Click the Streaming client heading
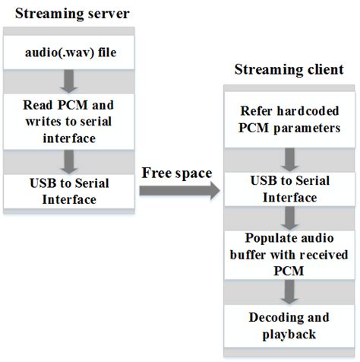pos(289,70)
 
